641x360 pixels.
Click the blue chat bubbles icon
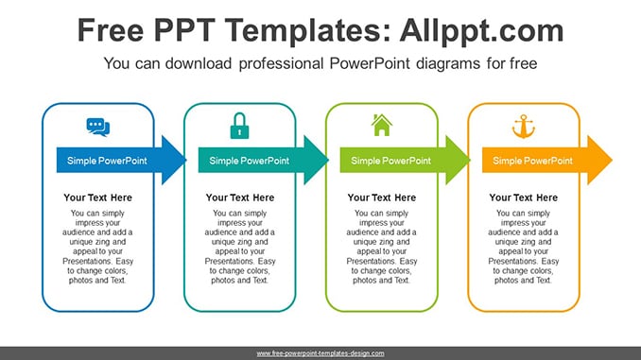(x=98, y=127)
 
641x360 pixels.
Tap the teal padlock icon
(x=239, y=126)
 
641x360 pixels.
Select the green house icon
(x=381, y=125)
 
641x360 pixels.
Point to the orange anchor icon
(x=523, y=127)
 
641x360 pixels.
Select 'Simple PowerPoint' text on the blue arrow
(x=107, y=161)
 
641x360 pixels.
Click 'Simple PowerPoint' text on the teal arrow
(x=249, y=161)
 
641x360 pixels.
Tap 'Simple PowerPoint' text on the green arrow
(x=390, y=161)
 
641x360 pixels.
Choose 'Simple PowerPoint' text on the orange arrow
(x=532, y=161)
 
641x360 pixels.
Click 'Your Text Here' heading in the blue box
(x=97, y=197)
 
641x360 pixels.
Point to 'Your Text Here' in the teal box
(x=240, y=197)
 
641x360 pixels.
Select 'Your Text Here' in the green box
(x=382, y=197)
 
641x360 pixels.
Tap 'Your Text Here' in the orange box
(x=523, y=197)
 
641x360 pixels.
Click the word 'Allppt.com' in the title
(x=481, y=30)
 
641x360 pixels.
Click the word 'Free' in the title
(x=111, y=30)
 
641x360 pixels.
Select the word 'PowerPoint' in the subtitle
(x=370, y=63)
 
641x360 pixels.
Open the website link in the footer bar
(x=320, y=353)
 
